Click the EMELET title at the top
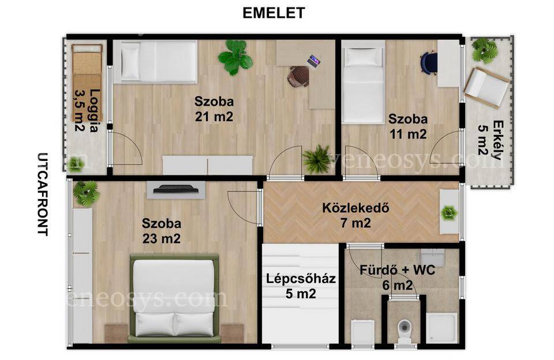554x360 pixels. tap(274, 13)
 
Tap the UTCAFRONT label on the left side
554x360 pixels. tap(42, 194)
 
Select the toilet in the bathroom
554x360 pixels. tap(403, 331)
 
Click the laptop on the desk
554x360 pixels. tap(314, 61)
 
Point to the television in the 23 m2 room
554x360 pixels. tap(176, 189)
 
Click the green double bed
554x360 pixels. tap(174, 298)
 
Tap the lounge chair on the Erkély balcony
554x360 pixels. tap(486, 87)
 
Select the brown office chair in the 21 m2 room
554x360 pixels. tap(298, 76)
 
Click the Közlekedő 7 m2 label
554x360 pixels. tap(355, 215)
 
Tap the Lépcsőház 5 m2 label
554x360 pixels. tap(301, 286)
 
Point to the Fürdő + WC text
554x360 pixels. tap(398, 270)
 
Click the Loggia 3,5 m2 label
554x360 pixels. tap(87, 110)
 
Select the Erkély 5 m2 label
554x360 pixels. tap(491, 140)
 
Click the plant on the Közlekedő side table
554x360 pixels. tap(449, 213)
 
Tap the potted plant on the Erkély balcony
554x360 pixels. tap(484, 50)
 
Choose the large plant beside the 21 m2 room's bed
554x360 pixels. tap(235, 57)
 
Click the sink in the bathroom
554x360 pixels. tap(432, 258)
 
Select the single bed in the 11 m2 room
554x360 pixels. tap(363, 82)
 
